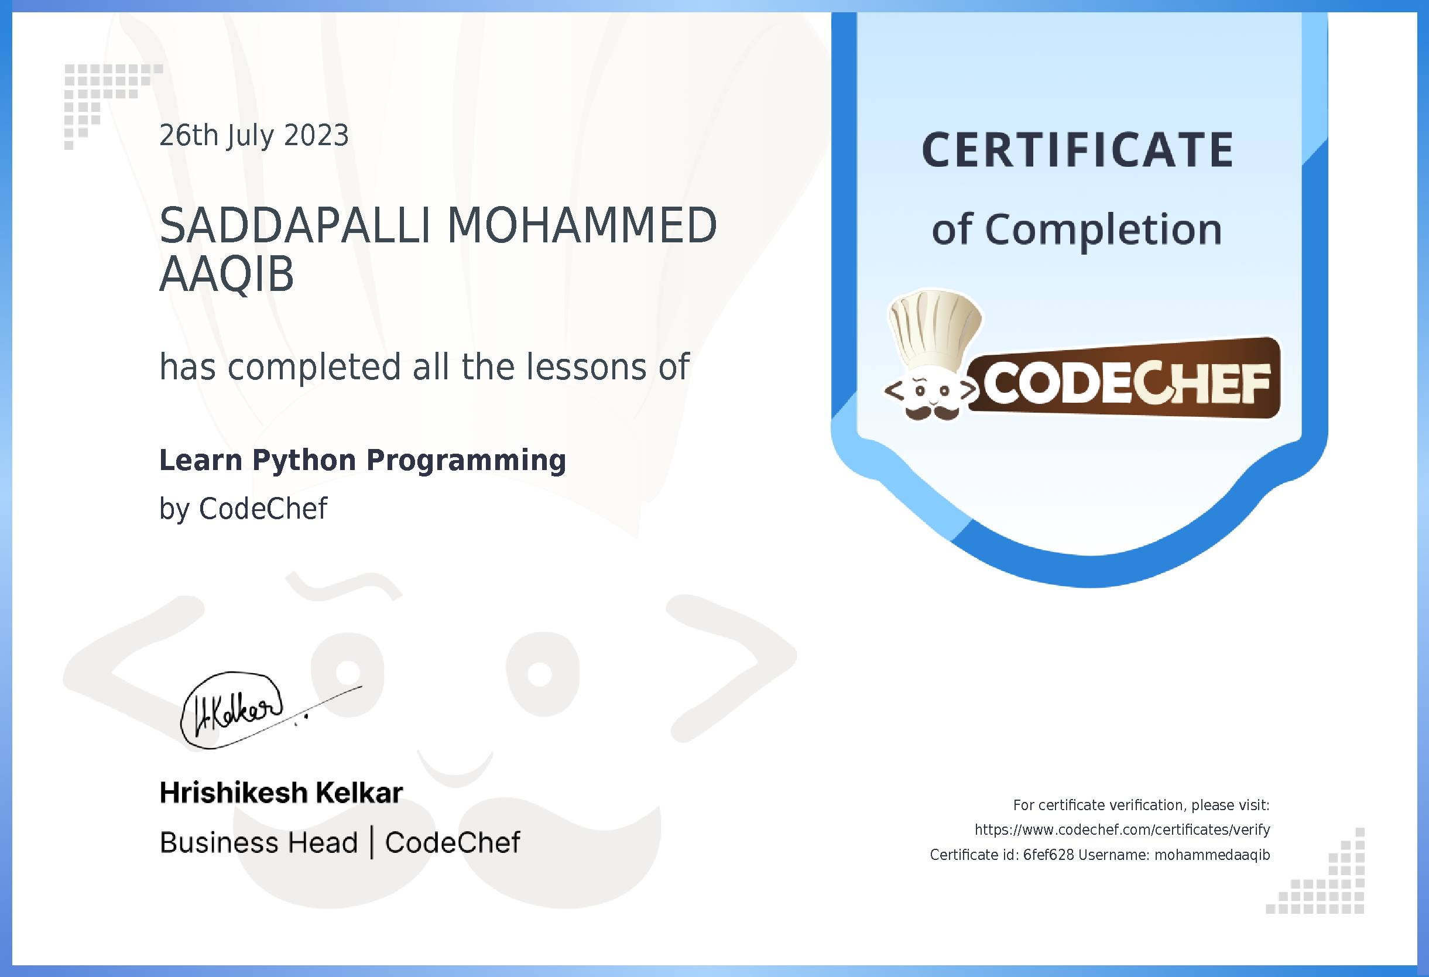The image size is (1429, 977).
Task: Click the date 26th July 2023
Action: click(254, 136)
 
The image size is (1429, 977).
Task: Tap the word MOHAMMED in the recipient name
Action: click(582, 227)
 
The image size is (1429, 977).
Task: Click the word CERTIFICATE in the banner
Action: click(1078, 150)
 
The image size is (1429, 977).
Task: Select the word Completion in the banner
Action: click(1104, 230)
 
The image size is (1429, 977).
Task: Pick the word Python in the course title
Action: click(304, 461)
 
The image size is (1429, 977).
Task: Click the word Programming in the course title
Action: click(465, 461)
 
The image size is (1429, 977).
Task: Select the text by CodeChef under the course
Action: click(243, 509)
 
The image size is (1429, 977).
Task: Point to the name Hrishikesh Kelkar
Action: click(281, 793)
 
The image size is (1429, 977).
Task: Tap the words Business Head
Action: click(258, 843)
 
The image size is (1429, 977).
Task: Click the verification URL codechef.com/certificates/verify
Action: click(1122, 830)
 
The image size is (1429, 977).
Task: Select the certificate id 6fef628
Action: click(1048, 855)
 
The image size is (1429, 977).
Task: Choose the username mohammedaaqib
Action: click(1212, 855)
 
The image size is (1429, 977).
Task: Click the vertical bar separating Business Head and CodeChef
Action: click(371, 843)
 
